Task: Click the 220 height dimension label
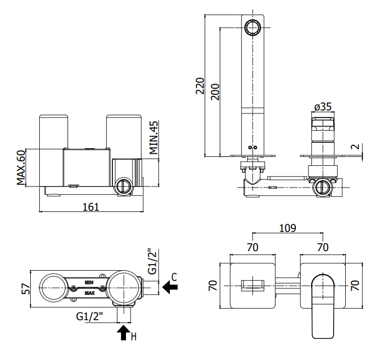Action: [x=200, y=86]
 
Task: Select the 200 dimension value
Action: [x=215, y=92]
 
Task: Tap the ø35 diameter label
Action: [x=323, y=107]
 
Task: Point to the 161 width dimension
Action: [x=91, y=207]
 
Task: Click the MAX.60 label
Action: [x=21, y=167]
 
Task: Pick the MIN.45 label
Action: [x=154, y=138]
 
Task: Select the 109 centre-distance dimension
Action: [x=288, y=228]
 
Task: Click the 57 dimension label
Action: [x=26, y=289]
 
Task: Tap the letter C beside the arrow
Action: [x=174, y=277]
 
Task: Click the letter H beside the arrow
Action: [x=134, y=337]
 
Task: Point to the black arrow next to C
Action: [x=170, y=287]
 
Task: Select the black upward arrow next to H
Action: [x=123, y=333]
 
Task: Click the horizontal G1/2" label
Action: [x=89, y=317]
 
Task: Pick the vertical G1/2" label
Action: [x=152, y=262]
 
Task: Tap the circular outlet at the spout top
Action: [x=253, y=27]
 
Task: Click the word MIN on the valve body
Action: [x=89, y=282]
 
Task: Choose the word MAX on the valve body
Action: [x=90, y=293]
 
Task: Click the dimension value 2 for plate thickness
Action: [x=355, y=147]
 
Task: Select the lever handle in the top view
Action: [x=323, y=307]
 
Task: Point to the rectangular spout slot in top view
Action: [x=253, y=286]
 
